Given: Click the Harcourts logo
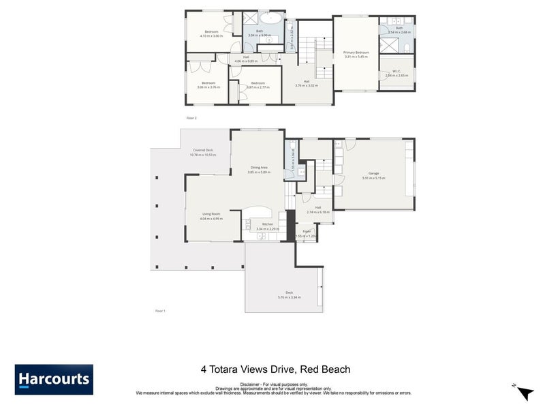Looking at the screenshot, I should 54,380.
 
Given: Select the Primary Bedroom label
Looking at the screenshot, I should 356,52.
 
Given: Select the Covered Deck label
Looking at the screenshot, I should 203,150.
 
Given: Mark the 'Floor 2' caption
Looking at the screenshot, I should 191,118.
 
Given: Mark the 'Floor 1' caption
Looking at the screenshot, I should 160,310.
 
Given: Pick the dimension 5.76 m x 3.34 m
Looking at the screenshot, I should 289,297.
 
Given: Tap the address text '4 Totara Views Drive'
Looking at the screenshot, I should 247,369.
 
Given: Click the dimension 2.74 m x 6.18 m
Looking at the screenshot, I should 318,212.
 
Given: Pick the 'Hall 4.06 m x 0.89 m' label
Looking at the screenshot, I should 246,59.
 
